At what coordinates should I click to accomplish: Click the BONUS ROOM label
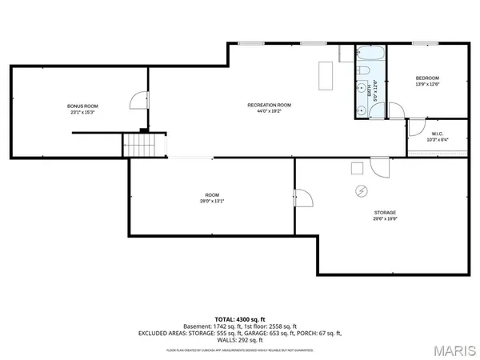coord(82,106)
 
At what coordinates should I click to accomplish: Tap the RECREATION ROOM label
coord(269,106)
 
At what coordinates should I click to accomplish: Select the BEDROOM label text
coord(427,78)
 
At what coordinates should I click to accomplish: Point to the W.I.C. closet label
coord(437,134)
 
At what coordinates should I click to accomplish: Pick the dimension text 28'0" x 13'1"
coord(212,202)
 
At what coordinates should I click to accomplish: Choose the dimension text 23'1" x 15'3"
coord(82,113)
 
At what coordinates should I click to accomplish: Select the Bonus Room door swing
coord(139,101)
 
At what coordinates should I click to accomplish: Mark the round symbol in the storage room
coord(361,190)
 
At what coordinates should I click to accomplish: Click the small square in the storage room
coord(357,167)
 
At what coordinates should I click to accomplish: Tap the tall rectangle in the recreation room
coord(326,75)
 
